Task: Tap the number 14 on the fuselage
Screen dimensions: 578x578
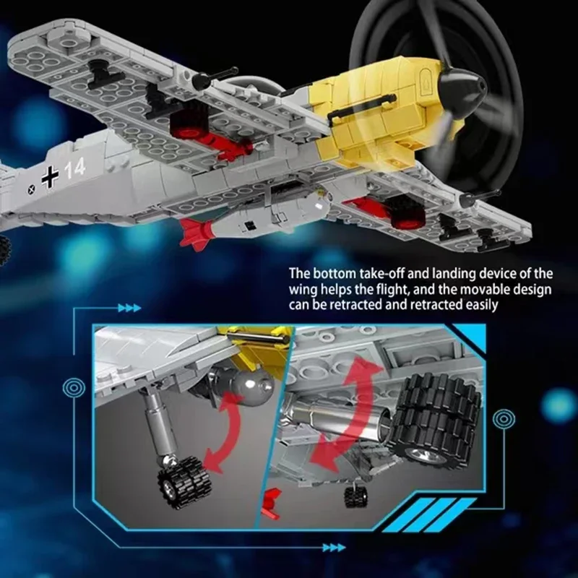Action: click(x=75, y=168)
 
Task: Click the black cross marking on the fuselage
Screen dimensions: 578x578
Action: click(x=50, y=176)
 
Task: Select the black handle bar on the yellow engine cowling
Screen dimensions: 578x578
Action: click(x=362, y=106)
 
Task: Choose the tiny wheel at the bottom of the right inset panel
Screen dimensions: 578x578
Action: click(x=355, y=496)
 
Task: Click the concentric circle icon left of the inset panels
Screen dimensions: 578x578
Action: click(x=74, y=387)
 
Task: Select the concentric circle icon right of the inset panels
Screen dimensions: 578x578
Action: click(x=504, y=419)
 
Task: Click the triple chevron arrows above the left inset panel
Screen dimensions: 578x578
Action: click(x=129, y=308)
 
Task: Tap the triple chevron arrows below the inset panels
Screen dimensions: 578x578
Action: click(x=334, y=548)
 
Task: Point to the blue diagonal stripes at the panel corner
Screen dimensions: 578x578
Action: click(x=429, y=515)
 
